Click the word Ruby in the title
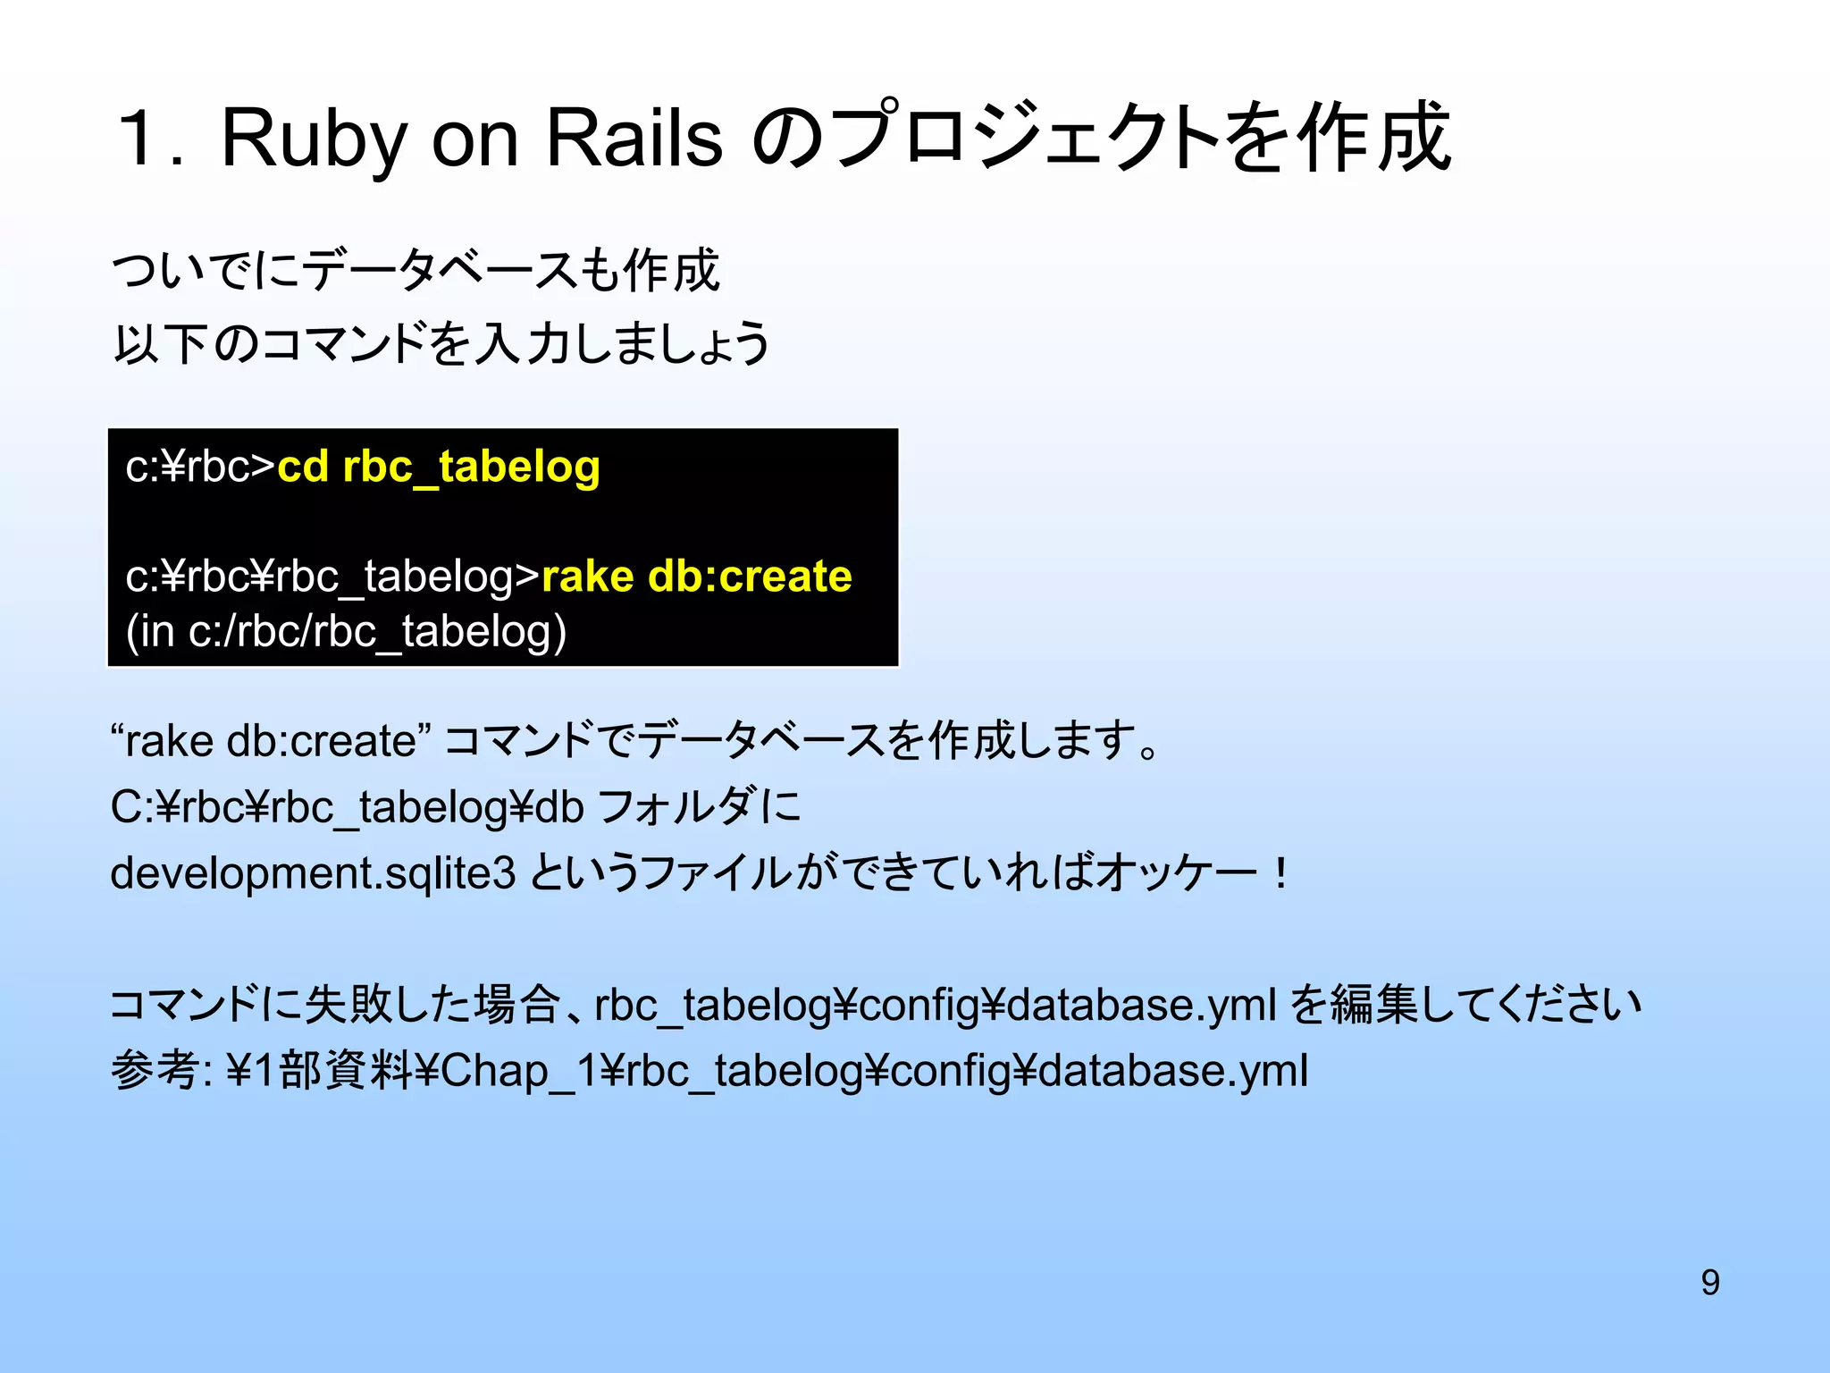tap(314, 139)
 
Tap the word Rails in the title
tap(634, 139)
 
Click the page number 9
tap(1709, 1283)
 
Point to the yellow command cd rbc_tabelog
tap(438, 467)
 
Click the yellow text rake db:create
tap(696, 577)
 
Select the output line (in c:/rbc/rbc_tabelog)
tap(347, 632)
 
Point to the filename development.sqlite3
tap(313, 873)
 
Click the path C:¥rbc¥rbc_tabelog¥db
tap(347, 807)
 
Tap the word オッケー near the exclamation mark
tap(1175, 873)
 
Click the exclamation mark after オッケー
tap(1280, 873)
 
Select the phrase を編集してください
tap(1465, 1005)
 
